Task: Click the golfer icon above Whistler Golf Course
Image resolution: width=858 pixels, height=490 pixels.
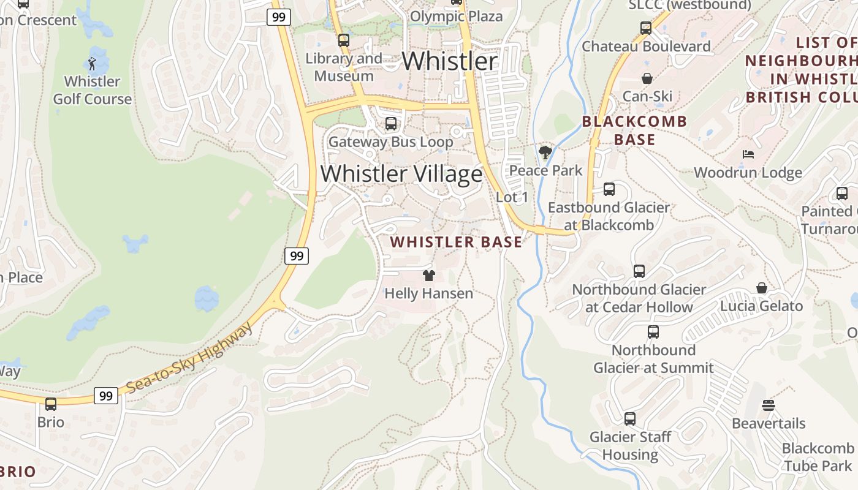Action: pos(92,63)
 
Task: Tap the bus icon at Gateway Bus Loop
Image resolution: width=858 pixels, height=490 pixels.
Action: pos(390,124)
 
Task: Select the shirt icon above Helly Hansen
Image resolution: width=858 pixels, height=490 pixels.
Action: pos(428,276)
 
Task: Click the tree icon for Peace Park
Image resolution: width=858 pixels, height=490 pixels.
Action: pos(545,152)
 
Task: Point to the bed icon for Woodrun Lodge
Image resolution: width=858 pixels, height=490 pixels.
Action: pos(748,154)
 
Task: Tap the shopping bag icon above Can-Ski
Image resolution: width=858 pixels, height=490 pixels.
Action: pos(647,78)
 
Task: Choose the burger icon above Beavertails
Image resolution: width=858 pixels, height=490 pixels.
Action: pos(769,405)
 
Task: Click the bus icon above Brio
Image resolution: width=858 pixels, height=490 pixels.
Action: pos(51,404)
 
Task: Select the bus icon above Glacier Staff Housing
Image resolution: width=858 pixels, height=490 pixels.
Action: pos(629,419)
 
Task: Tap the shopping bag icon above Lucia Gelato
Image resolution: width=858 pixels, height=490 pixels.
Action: pos(761,288)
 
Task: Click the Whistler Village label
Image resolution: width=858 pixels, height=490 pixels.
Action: pos(401,174)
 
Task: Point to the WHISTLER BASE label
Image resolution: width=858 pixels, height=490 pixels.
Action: pos(456,242)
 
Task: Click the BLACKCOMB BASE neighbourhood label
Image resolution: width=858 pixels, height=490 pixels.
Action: pos(634,130)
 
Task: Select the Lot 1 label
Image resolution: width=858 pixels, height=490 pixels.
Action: pos(512,197)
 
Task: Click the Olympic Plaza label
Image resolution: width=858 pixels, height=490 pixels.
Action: pos(456,17)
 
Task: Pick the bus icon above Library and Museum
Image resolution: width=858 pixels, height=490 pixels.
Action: pos(344,40)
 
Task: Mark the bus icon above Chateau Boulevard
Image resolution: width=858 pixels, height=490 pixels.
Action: pos(645,28)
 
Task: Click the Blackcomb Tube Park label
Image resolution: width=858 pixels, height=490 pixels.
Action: pos(818,457)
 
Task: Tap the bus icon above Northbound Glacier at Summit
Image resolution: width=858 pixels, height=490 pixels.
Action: pos(653,332)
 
